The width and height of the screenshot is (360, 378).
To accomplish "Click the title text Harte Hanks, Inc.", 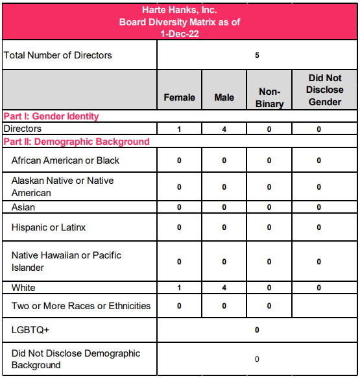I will point(179,10).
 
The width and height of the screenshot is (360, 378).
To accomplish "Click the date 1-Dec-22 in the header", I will point(179,34).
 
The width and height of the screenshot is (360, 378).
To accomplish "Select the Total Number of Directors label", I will point(58,55).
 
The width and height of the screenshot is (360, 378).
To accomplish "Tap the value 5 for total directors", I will point(257,55).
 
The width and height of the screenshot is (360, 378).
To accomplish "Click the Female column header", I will point(179,97).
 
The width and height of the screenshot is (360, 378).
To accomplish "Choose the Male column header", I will point(224,97).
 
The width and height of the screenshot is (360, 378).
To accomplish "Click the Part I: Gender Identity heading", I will point(51,116).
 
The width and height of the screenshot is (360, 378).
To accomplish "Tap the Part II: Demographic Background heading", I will point(77,141).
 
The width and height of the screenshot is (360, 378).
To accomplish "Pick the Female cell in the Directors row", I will point(179,129).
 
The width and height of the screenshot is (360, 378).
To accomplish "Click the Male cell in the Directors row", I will point(224,129).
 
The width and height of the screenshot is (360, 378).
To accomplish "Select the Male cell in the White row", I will point(224,287).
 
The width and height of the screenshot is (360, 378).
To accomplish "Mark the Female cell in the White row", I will point(179,287).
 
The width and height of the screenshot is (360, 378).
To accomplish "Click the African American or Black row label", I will point(66,160).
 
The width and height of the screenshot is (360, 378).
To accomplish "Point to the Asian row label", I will point(23,207).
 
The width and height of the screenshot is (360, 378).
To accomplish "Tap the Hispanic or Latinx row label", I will point(49,227).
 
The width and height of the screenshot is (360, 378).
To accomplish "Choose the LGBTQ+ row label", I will point(30,330).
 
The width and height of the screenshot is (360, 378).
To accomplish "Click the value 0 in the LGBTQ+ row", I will point(257,330).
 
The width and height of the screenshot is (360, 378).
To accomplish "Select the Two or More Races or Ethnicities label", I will point(81,305).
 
